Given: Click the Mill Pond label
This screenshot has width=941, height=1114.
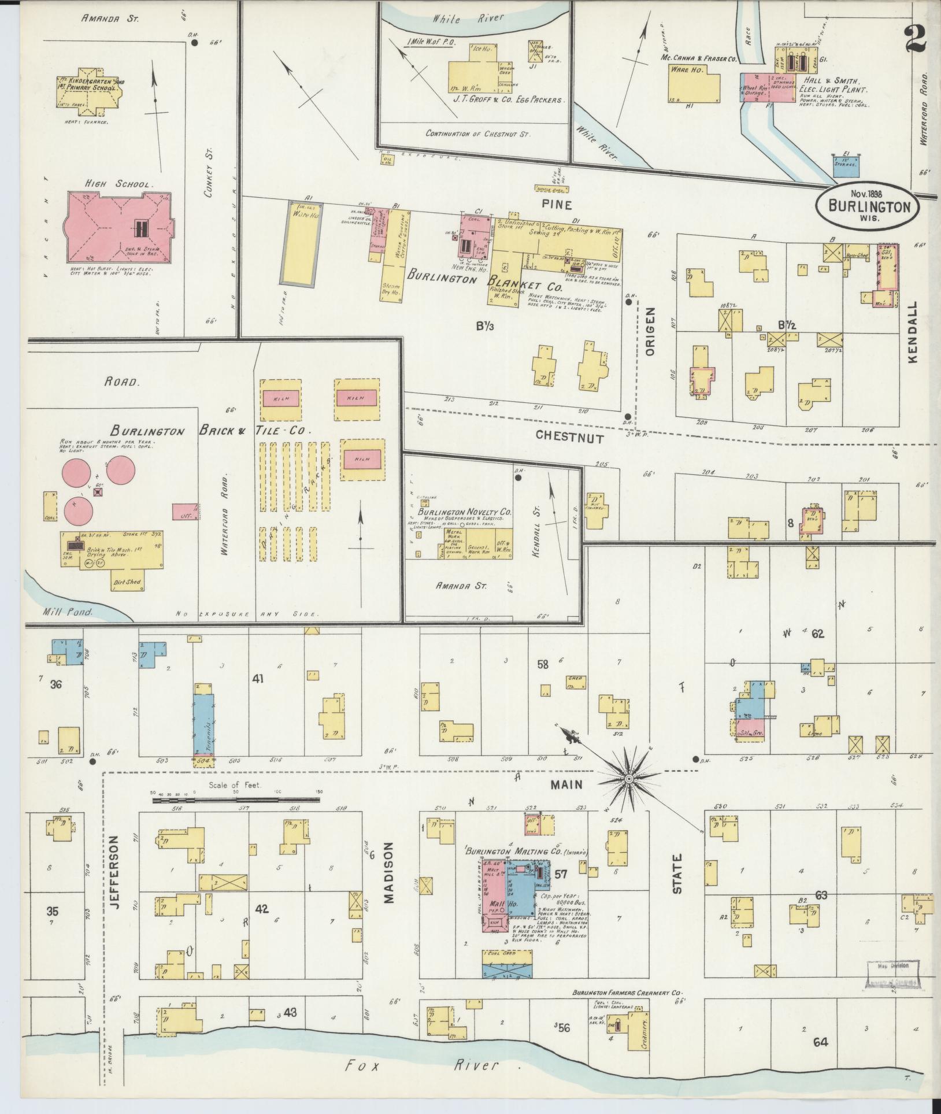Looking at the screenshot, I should point(68,611).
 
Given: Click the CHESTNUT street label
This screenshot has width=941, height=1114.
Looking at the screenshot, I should point(569,438).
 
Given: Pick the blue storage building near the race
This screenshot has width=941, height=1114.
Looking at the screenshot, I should point(846,166).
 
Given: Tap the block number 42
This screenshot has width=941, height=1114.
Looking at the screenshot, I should point(262,909).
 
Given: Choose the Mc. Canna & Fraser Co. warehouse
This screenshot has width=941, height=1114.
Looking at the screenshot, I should point(694,87).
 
